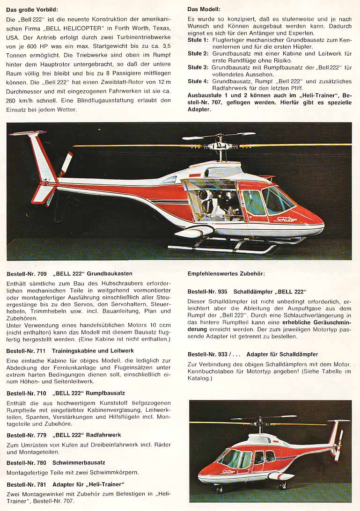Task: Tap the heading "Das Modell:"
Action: point(204,9)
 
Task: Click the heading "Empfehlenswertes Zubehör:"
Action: point(226,273)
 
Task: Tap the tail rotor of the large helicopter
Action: point(65,164)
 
